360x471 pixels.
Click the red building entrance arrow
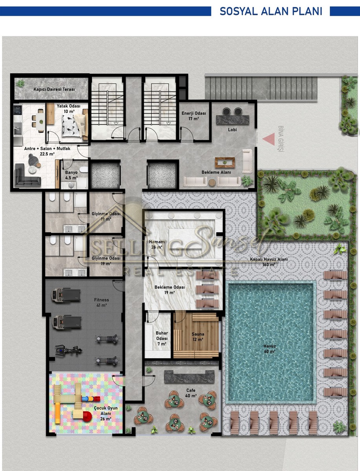tap(270, 139)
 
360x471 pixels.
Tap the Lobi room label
tap(232, 130)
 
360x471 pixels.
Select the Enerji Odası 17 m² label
tap(194, 116)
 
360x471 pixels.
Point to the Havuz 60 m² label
tap(270, 349)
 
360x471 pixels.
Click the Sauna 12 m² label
tap(198, 337)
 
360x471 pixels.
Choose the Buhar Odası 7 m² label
tap(162, 338)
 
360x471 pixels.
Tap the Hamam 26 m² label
tap(157, 245)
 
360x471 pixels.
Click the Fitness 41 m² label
tap(101, 302)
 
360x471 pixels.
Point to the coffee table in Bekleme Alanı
tap(225, 162)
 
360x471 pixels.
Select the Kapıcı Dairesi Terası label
tap(54, 89)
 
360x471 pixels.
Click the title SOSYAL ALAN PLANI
tap(271, 11)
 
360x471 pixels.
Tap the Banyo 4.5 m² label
tap(71, 175)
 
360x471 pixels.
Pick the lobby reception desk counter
tap(232, 120)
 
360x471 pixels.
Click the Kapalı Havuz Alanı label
tap(269, 262)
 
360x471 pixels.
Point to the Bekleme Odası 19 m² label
tap(170, 290)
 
